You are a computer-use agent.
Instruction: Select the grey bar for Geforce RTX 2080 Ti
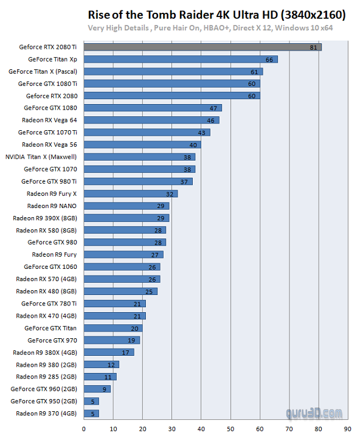click(x=202, y=47)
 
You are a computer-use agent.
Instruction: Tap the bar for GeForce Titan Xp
click(x=181, y=59)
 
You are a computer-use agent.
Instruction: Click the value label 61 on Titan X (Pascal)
click(x=254, y=71)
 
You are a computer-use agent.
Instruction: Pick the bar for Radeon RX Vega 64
click(x=151, y=120)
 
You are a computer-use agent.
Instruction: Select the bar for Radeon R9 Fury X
click(x=131, y=193)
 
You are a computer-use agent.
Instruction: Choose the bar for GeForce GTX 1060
click(x=122, y=266)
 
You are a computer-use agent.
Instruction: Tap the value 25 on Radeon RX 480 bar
click(x=149, y=291)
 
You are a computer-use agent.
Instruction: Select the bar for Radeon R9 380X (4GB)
click(x=109, y=352)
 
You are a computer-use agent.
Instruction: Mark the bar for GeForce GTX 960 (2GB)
click(x=97, y=389)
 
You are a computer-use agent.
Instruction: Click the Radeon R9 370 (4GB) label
click(x=47, y=413)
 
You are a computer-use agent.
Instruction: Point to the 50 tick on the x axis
click(x=230, y=428)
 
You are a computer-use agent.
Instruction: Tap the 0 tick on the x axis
click(x=84, y=428)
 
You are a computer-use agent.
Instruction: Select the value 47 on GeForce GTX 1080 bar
click(x=213, y=108)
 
